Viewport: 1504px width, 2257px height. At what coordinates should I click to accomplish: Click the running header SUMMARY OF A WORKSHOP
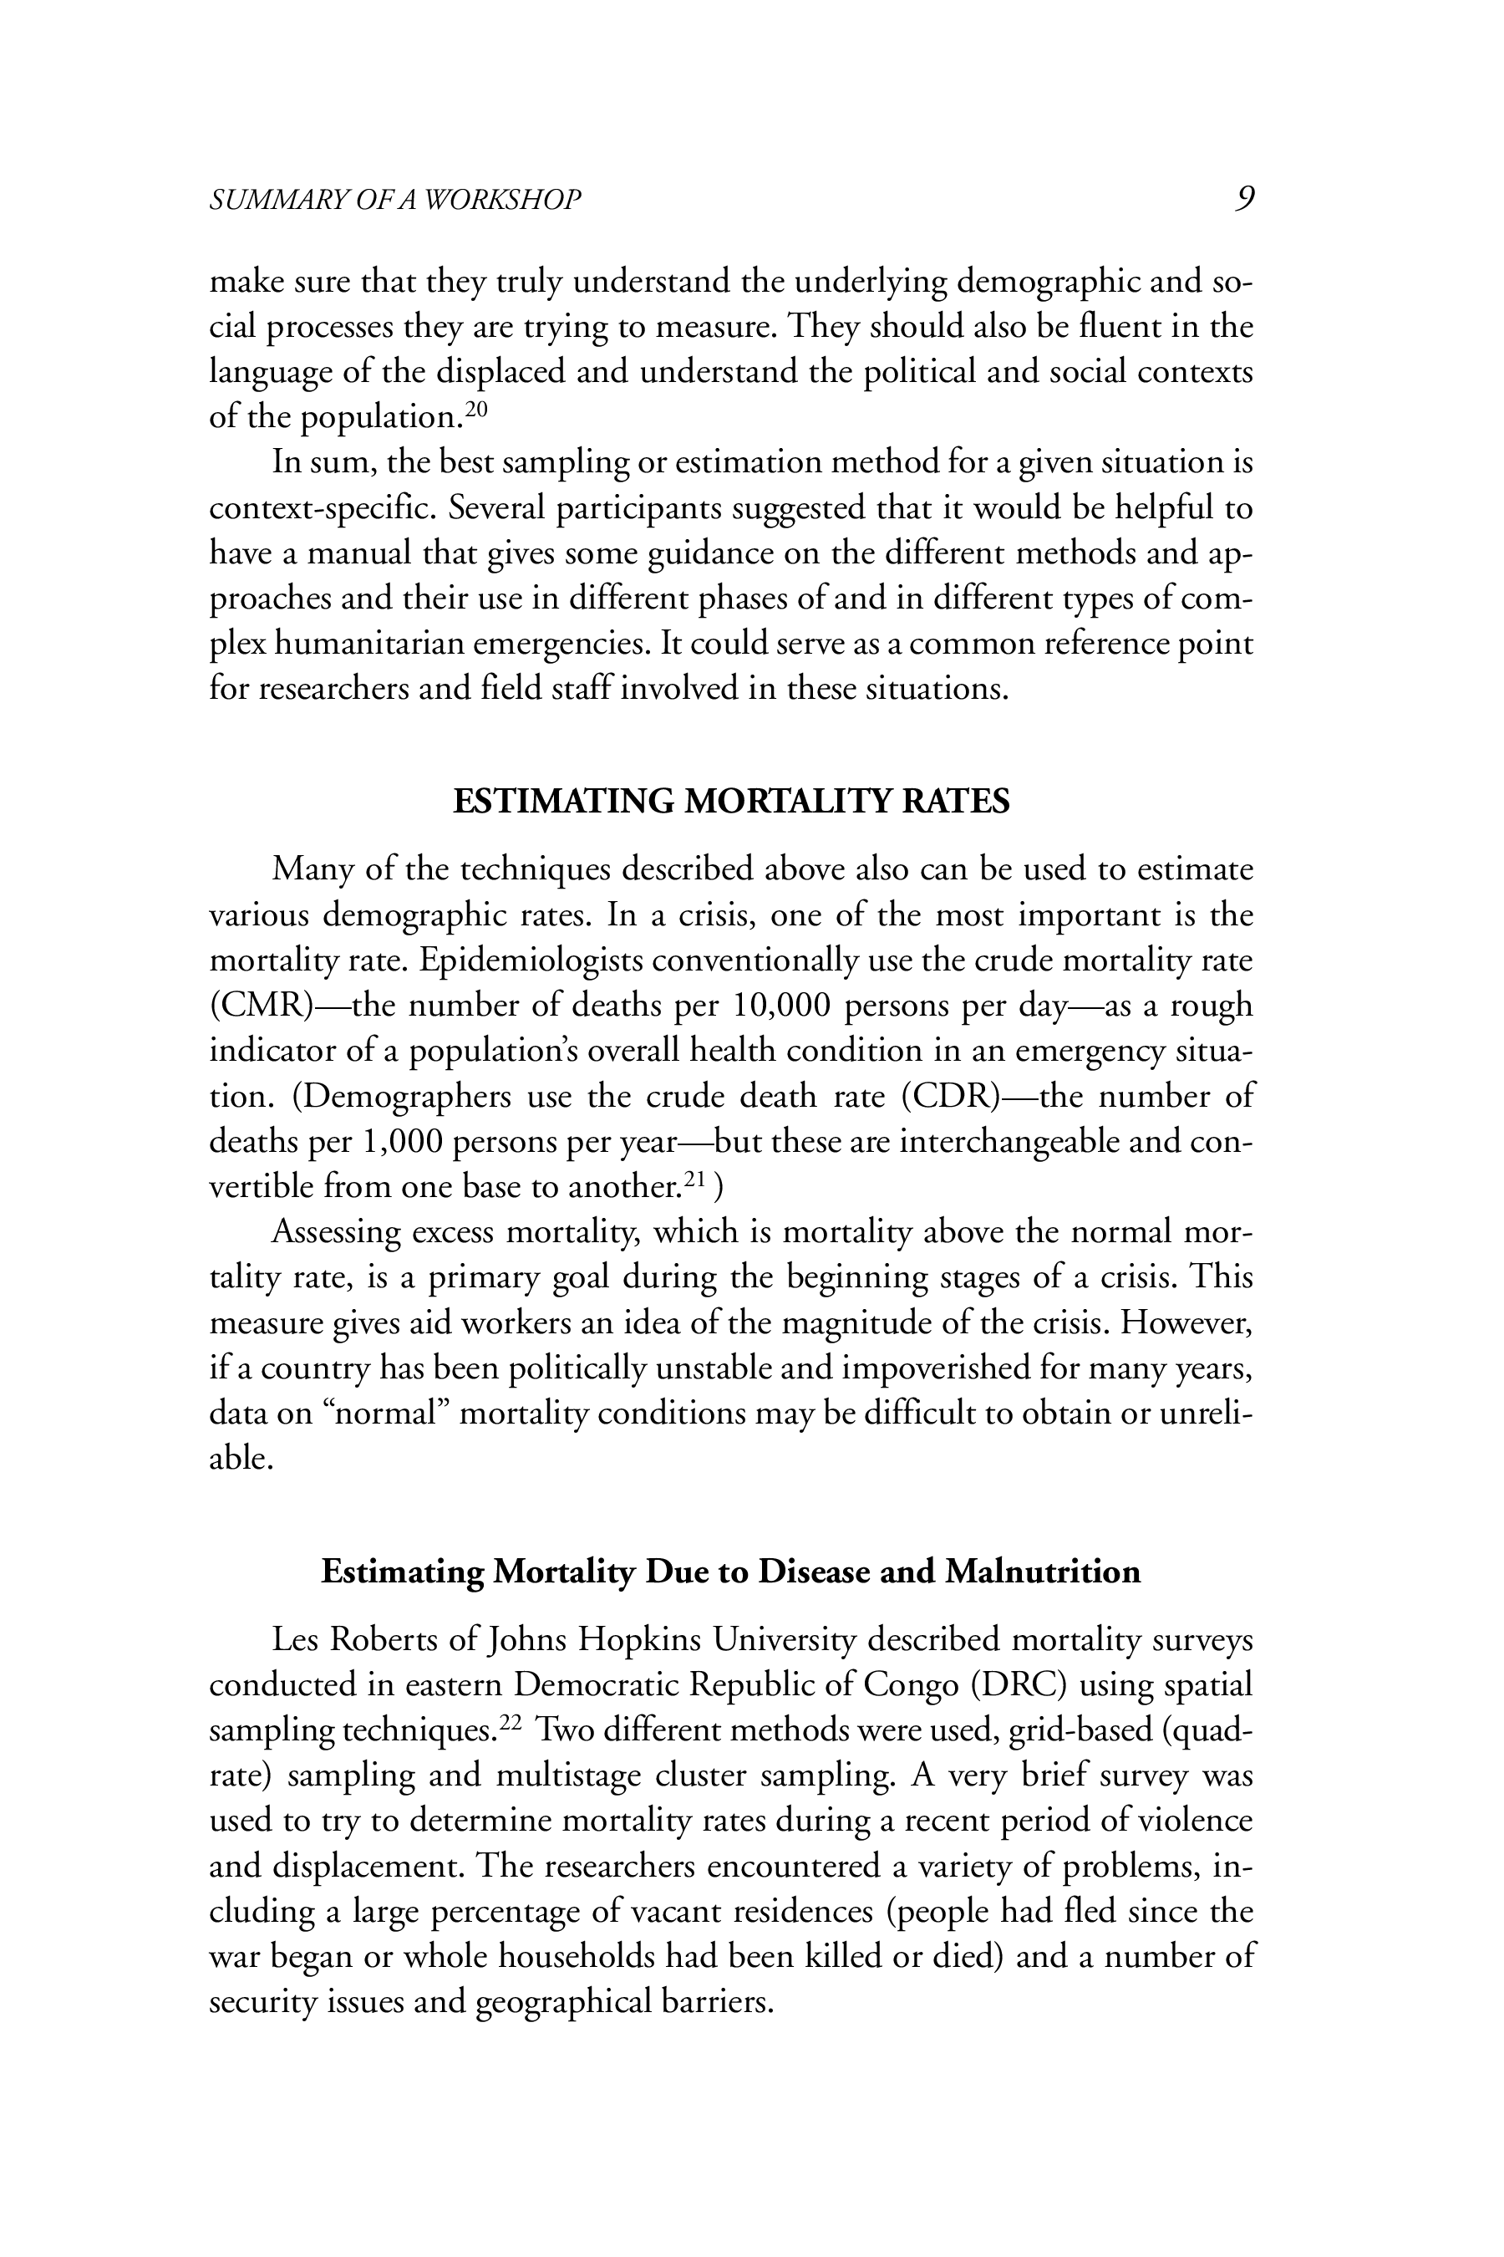[x=395, y=200]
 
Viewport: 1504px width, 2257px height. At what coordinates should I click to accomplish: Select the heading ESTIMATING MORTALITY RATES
[x=731, y=802]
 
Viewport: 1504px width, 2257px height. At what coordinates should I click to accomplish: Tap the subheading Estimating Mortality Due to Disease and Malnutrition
[x=731, y=1572]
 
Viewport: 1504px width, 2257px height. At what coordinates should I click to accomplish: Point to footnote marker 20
[x=477, y=409]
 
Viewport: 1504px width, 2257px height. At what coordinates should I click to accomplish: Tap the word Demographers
[x=402, y=1096]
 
